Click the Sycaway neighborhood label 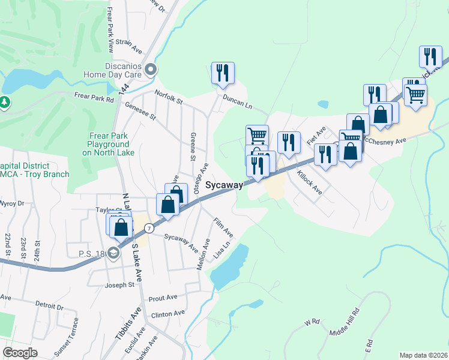pyautogui.click(x=224, y=185)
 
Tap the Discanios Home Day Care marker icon pyautogui.click(x=150, y=71)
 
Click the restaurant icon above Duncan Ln pyautogui.click(x=223, y=73)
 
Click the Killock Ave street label pyautogui.click(x=310, y=183)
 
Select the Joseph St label pyautogui.click(x=119, y=285)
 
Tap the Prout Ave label pyautogui.click(x=163, y=298)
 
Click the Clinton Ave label pyautogui.click(x=168, y=314)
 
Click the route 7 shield pyautogui.click(x=149, y=229)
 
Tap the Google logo pyautogui.click(x=20, y=353)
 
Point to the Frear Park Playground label pyautogui.click(x=109, y=144)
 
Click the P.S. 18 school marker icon pyautogui.click(x=114, y=254)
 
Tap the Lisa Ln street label pyautogui.click(x=223, y=251)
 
